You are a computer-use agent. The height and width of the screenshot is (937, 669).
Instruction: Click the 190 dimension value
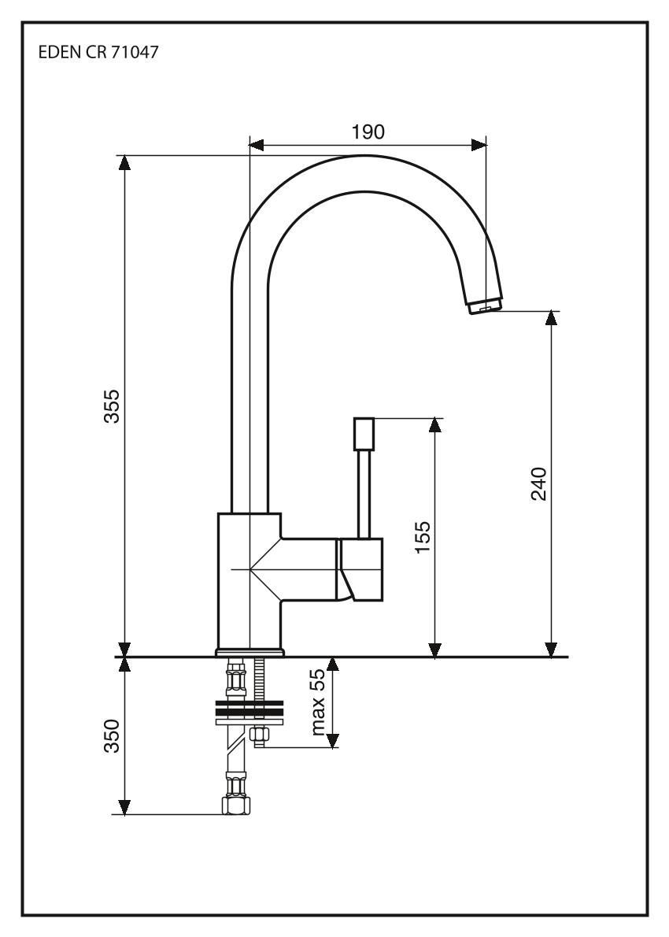[368, 132]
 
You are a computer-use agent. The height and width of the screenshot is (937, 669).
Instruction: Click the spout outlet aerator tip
[486, 306]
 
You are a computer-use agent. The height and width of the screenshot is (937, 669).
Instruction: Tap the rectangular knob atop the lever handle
[364, 432]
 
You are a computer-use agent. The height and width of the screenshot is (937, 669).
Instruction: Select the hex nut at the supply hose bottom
[235, 806]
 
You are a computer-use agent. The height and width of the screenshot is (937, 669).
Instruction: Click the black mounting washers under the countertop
[248, 709]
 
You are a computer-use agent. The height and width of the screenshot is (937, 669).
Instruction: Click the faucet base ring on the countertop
[249, 652]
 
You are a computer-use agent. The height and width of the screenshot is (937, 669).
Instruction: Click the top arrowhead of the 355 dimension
[124, 161]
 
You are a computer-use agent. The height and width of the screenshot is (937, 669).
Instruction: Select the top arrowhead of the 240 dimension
[551, 317]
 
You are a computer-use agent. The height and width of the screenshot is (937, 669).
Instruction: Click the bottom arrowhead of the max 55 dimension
[333, 741]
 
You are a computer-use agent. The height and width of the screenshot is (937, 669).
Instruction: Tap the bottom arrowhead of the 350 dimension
[124, 808]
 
